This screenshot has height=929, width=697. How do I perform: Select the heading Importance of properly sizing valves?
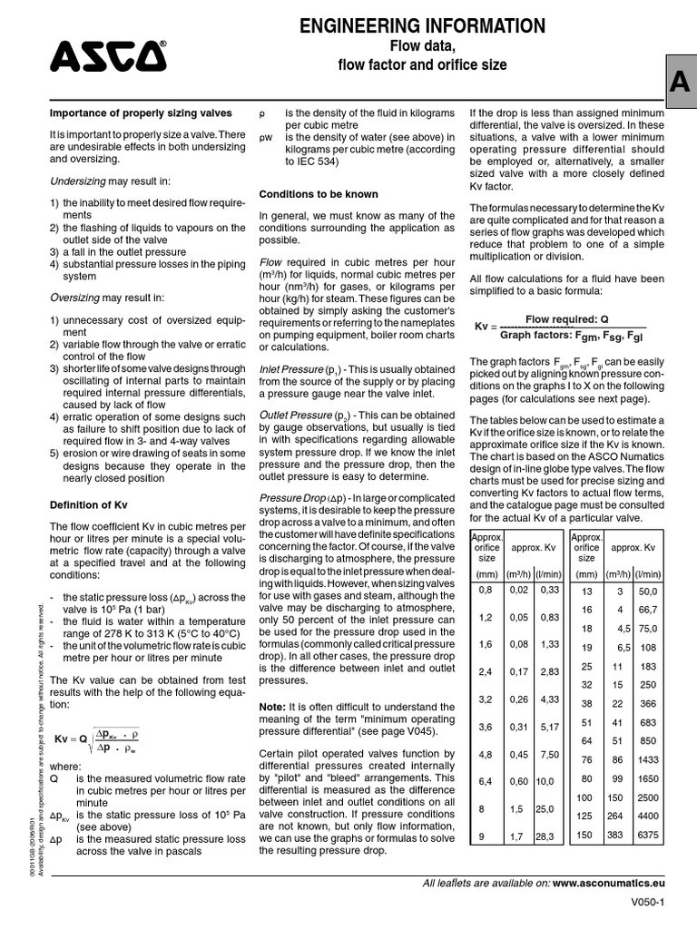click(140, 112)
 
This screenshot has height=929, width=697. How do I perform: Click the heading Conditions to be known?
click(314, 194)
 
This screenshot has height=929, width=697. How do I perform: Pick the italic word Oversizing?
click(74, 298)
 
